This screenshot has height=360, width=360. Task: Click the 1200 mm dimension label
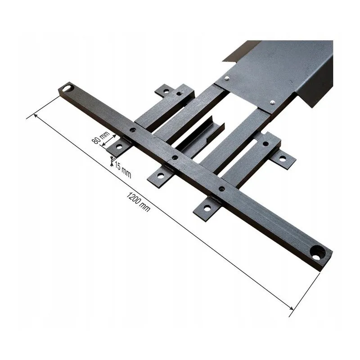click(138, 202)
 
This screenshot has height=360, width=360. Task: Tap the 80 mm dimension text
click(101, 137)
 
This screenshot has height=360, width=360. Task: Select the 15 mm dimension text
click(123, 170)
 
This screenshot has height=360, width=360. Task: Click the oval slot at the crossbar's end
click(68, 88)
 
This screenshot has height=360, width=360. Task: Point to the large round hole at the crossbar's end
click(318, 252)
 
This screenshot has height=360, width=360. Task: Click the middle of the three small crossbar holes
click(175, 157)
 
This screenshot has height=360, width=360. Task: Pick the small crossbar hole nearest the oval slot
click(132, 130)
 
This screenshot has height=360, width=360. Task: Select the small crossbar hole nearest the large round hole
click(222, 189)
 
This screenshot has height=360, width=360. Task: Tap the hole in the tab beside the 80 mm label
click(119, 147)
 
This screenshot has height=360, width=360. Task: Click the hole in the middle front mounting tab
click(161, 176)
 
